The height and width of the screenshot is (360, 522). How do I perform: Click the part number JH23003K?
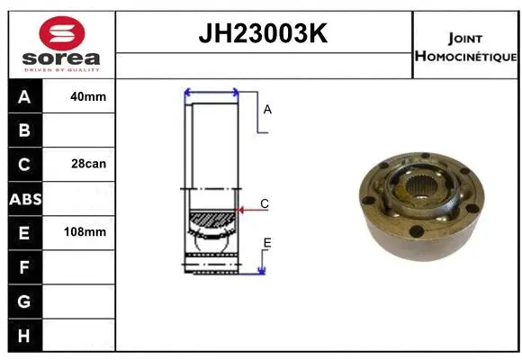coord(262,34)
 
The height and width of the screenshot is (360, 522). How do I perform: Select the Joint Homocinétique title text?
coord(465,47)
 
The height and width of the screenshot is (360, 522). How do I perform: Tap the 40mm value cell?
coord(88,96)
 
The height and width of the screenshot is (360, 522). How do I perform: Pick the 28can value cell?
coord(88,164)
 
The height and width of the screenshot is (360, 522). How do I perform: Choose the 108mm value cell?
coord(88,231)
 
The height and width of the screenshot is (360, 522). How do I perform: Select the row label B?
coord(24,130)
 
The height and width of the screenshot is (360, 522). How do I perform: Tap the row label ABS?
coord(24,199)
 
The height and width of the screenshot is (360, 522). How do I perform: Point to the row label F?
coord(24,266)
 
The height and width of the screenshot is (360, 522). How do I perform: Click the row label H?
coord(24,334)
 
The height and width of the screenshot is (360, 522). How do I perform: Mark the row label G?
coord(24,301)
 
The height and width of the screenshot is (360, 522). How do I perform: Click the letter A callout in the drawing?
coord(267,110)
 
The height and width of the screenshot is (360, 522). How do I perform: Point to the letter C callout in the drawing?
coord(265,204)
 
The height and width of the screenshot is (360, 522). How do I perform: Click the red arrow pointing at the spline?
coord(240,211)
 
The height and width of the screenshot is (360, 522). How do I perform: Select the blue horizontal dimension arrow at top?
coord(211,91)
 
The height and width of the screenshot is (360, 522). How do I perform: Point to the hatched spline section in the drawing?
coord(211,220)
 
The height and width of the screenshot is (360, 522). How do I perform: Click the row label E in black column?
coord(24,232)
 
